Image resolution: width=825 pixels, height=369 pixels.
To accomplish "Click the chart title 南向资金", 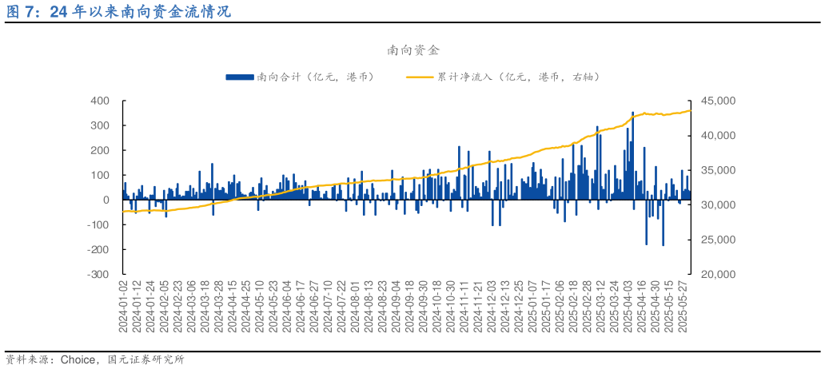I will coord(413,50).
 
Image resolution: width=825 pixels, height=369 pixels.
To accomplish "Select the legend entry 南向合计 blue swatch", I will coord(240,77).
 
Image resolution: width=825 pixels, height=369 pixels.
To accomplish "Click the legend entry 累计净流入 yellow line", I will coord(420,77).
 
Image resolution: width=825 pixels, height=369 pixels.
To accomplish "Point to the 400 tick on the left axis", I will coord(100,101).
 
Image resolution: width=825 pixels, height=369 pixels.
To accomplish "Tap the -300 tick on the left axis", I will coord(98,274).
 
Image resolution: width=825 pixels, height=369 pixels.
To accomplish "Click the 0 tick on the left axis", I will coord(106,200).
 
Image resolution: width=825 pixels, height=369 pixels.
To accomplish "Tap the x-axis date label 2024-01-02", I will coord(124,307).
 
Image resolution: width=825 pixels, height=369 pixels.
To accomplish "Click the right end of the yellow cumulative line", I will coord(691,110).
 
